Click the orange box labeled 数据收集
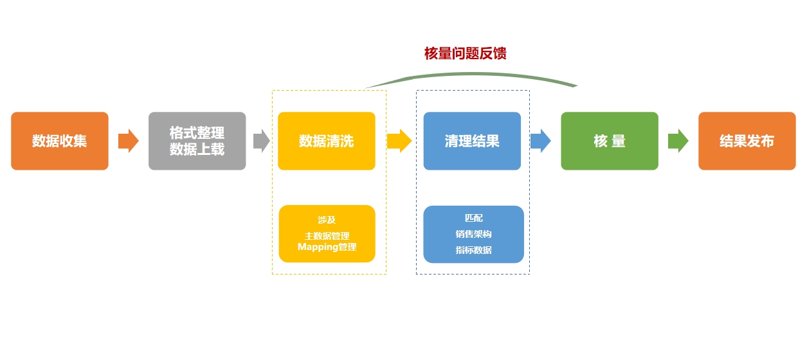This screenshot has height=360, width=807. point(60,141)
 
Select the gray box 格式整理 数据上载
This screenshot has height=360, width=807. point(197,141)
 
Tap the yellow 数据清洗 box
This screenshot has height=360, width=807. point(326,141)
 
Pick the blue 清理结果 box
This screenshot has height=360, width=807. point(472,141)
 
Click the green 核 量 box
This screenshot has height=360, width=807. point(610,141)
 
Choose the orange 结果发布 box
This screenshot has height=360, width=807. point(747,141)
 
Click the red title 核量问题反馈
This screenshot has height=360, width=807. point(465,53)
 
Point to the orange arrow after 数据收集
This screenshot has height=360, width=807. point(129,141)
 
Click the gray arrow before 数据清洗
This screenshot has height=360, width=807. point(261,141)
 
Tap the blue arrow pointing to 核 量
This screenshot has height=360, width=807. point(541,141)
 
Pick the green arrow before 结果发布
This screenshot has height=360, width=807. point(678,141)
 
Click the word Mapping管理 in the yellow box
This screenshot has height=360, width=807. point(327,247)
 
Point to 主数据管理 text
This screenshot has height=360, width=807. point(327,236)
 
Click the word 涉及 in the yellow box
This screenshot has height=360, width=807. point(327,220)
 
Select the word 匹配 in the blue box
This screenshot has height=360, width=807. point(473,218)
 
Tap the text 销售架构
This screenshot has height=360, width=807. point(473,234)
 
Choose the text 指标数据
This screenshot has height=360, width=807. point(473,250)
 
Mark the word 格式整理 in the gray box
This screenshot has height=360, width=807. point(197,133)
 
